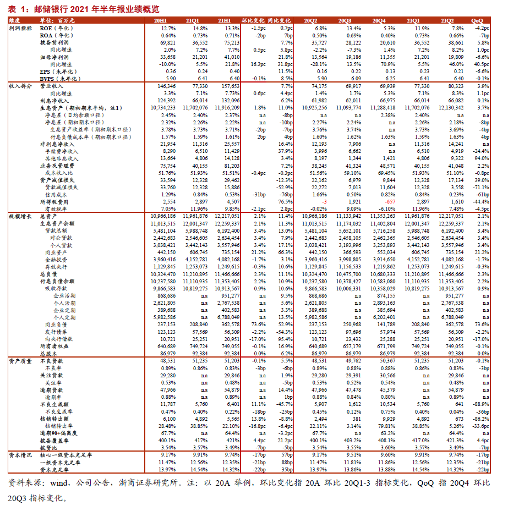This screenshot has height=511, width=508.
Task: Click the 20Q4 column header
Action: click(379, 20)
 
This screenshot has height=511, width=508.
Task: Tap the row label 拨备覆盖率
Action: click(54, 441)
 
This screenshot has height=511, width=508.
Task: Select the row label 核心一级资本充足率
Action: click(67, 455)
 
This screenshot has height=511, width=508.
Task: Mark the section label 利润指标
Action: click(20, 28)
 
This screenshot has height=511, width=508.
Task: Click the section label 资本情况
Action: click(20, 455)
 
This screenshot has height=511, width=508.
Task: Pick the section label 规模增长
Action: click(20, 217)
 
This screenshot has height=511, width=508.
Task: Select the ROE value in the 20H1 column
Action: click(168, 28)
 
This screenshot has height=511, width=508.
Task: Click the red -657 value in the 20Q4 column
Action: click(389, 202)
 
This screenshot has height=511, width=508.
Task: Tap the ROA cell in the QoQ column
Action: click(483, 35)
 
